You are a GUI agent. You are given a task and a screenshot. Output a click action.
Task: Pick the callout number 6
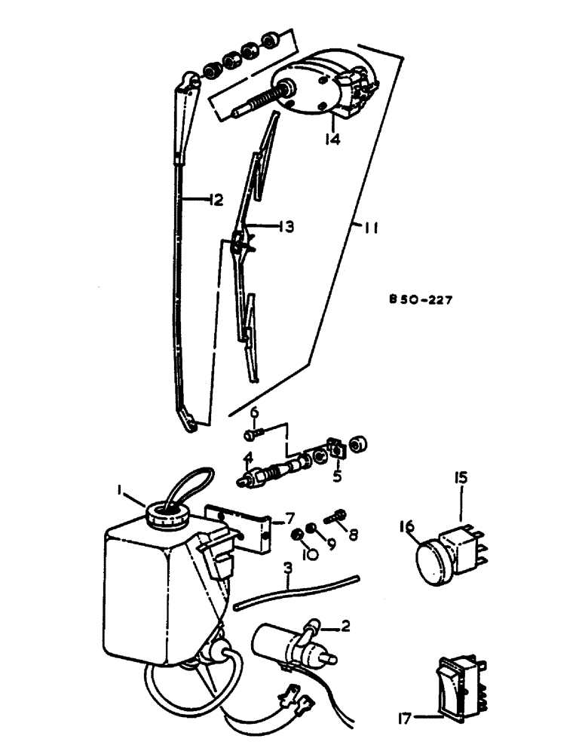(254, 412)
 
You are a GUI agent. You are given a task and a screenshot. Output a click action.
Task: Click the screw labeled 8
(335, 518)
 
